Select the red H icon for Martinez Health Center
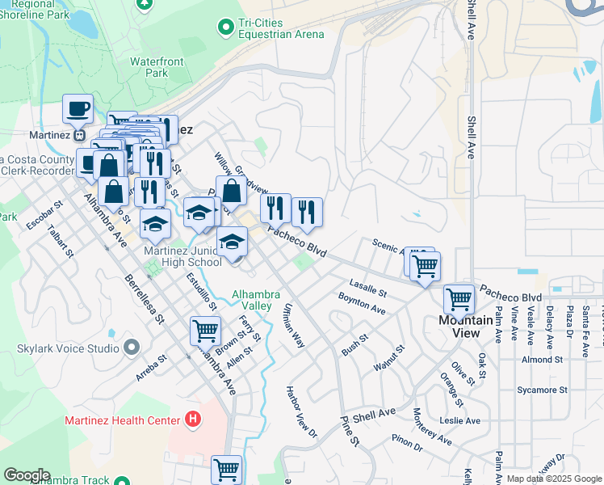point(192,420)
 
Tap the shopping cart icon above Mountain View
point(459,299)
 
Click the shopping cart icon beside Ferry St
point(205,330)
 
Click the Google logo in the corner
point(27,475)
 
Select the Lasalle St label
point(368,287)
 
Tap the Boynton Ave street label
point(362,302)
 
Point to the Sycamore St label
point(542,390)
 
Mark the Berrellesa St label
point(143,299)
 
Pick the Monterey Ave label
point(432,426)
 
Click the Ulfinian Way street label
point(293,326)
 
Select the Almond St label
point(542,359)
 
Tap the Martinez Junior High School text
point(182,256)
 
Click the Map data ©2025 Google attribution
point(553,479)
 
